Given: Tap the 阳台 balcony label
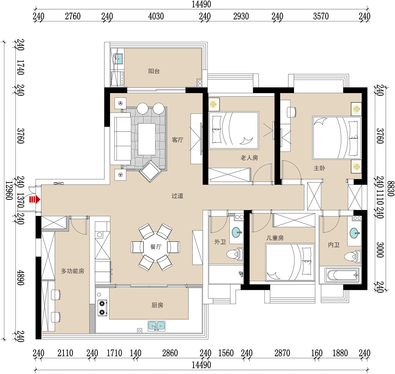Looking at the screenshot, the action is pos(154,71).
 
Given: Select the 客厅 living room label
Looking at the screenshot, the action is pos(178,140).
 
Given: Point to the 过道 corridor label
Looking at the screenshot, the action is pos(177,196).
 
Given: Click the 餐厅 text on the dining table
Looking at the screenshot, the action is pos(156,247).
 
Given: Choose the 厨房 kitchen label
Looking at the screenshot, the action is pos(157,305).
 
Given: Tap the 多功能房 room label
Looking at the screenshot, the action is pos(73,271).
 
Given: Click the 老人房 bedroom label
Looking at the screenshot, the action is pos(249,158).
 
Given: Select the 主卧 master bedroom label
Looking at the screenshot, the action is pos(319,168).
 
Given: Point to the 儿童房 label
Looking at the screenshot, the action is pos(275,238).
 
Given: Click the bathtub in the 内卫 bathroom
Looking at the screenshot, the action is pos(342,275).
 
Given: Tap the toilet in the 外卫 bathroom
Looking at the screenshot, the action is pos(235,254).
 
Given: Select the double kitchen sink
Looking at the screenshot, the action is pos(156,326).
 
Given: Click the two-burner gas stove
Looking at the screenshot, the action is pos(102,308).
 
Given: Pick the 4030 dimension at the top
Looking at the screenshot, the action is pos(156,16).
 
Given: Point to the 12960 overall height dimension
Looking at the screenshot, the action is pos(9,191).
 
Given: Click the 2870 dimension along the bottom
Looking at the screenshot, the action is pos(282,353).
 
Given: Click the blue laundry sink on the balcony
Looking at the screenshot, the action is pos(119,59).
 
